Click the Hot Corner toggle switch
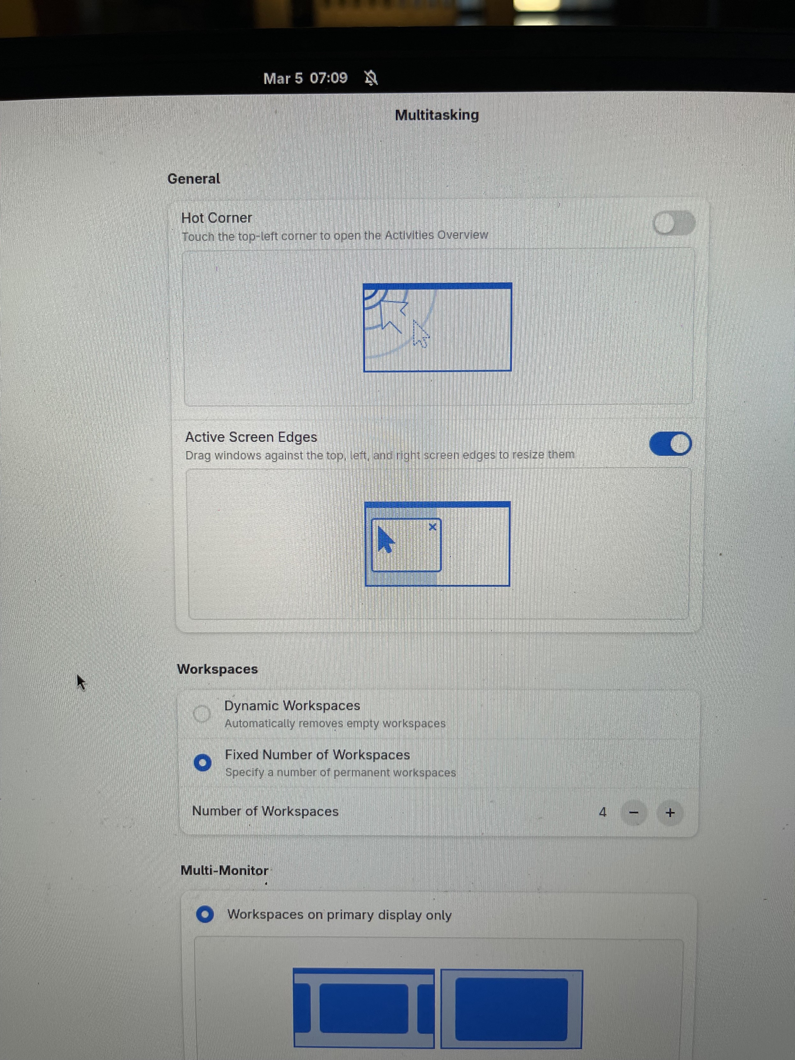pos(674,223)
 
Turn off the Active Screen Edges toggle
pos(670,444)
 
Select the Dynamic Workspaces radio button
pos(202,713)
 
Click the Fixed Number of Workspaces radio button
pos(202,763)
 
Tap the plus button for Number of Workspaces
pos(670,813)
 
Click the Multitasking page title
pos(437,115)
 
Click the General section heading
pos(193,179)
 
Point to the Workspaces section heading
pos(217,669)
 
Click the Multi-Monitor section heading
pos(224,870)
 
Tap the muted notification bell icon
pos(371,78)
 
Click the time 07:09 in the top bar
pos(328,78)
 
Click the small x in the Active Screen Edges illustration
pos(433,527)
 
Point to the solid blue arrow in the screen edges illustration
pos(385,540)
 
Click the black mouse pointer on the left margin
pos(81,682)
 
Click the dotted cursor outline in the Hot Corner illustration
pos(420,334)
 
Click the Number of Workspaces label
pos(265,811)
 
